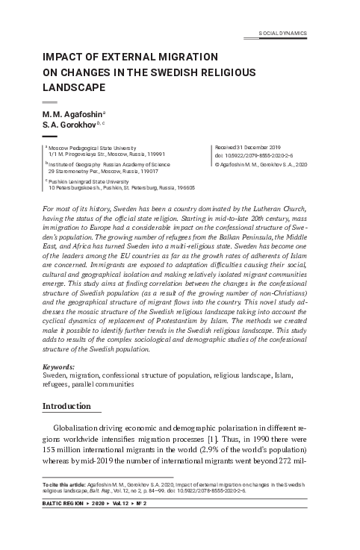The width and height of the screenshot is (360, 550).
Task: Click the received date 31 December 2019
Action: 246,149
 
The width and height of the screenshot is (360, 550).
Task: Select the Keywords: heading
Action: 59,368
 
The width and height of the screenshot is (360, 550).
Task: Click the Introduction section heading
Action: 66,406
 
